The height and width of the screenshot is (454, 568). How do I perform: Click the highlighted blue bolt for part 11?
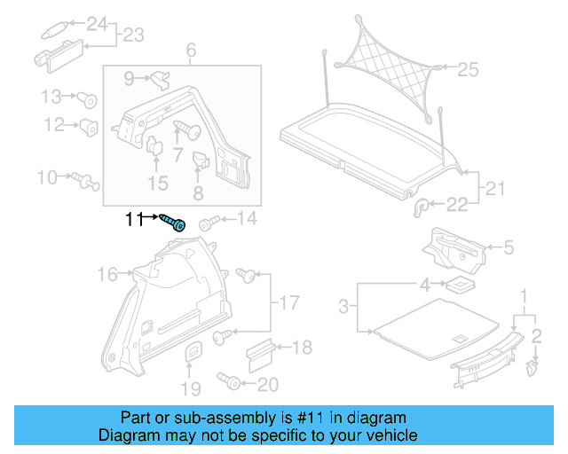tap(174, 222)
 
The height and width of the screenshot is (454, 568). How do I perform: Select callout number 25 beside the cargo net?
tap(468, 68)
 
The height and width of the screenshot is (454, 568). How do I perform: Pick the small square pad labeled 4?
tap(459, 286)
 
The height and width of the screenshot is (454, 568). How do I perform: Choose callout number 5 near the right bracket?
tap(509, 248)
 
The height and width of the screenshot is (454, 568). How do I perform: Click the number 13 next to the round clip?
tap(51, 96)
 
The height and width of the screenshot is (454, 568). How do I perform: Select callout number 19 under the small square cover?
tap(192, 387)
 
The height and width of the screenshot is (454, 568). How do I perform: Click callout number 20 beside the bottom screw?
tap(267, 385)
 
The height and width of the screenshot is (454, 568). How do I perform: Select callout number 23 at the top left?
tap(133, 36)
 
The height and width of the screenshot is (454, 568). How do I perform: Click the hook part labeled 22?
tap(422, 207)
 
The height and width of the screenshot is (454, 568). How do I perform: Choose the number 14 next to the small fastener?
tap(245, 219)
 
